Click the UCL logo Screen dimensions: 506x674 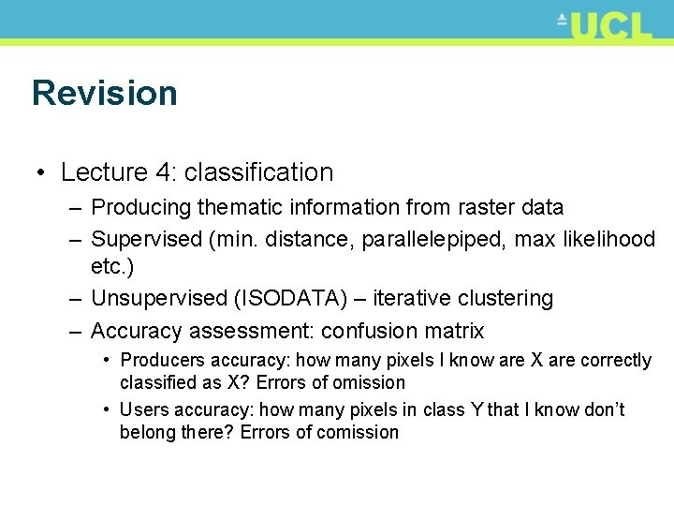(x=608, y=25)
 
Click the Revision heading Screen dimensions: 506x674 (x=104, y=93)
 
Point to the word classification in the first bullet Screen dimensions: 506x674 (x=258, y=172)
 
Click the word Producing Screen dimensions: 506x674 (x=133, y=207)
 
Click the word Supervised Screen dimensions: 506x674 (x=146, y=239)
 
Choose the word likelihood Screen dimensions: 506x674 (x=612, y=239)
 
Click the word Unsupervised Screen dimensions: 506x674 (x=158, y=299)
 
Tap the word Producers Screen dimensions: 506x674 (x=163, y=361)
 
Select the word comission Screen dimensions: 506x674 (x=359, y=433)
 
